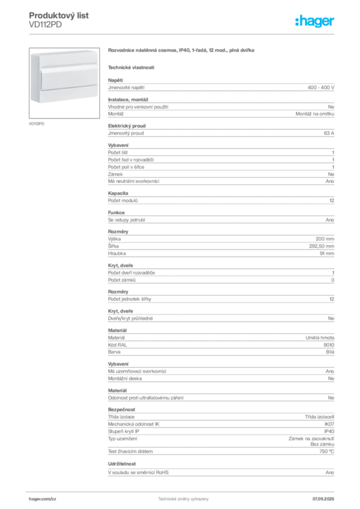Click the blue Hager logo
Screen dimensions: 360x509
[x=315, y=22]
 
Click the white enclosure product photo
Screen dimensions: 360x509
[x=63, y=77]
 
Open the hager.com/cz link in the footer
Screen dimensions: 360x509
[x=44, y=498]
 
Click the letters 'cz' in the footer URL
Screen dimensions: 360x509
[x=54, y=498]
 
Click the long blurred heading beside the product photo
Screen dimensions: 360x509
[x=182, y=51]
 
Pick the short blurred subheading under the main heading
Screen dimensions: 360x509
[x=131, y=67]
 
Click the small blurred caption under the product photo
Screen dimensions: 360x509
[x=38, y=123]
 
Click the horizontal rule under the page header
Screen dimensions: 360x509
[x=182, y=33]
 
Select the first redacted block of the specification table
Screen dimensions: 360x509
[x=220, y=86]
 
